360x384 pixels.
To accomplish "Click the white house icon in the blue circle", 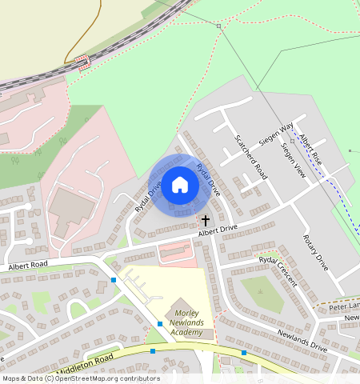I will pyautogui.click(x=180, y=185).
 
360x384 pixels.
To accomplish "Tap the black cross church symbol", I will pyautogui.click(x=205, y=220).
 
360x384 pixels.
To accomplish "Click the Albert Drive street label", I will pyautogui.click(x=218, y=230).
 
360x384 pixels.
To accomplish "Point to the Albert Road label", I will pyautogui.click(x=28, y=265).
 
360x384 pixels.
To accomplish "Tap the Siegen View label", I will pyautogui.click(x=294, y=160).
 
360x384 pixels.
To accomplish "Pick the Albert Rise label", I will pyautogui.click(x=310, y=149).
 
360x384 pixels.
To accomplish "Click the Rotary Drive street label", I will pyautogui.click(x=315, y=253).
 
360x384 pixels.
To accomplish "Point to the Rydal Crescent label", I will pyautogui.click(x=278, y=272).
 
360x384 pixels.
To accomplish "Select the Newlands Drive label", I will pyautogui.click(x=302, y=343).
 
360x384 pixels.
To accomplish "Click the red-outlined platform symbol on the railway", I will pyautogui.click(x=82, y=62).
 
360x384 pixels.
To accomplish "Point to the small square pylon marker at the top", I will pyautogui.click(x=218, y=26).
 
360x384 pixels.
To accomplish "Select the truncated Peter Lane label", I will pyautogui.click(x=345, y=306).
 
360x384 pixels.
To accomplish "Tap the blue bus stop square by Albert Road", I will pyautogui.click(x=114, y=279).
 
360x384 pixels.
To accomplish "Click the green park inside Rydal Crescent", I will pyautogui.click(x=258, y=292).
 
